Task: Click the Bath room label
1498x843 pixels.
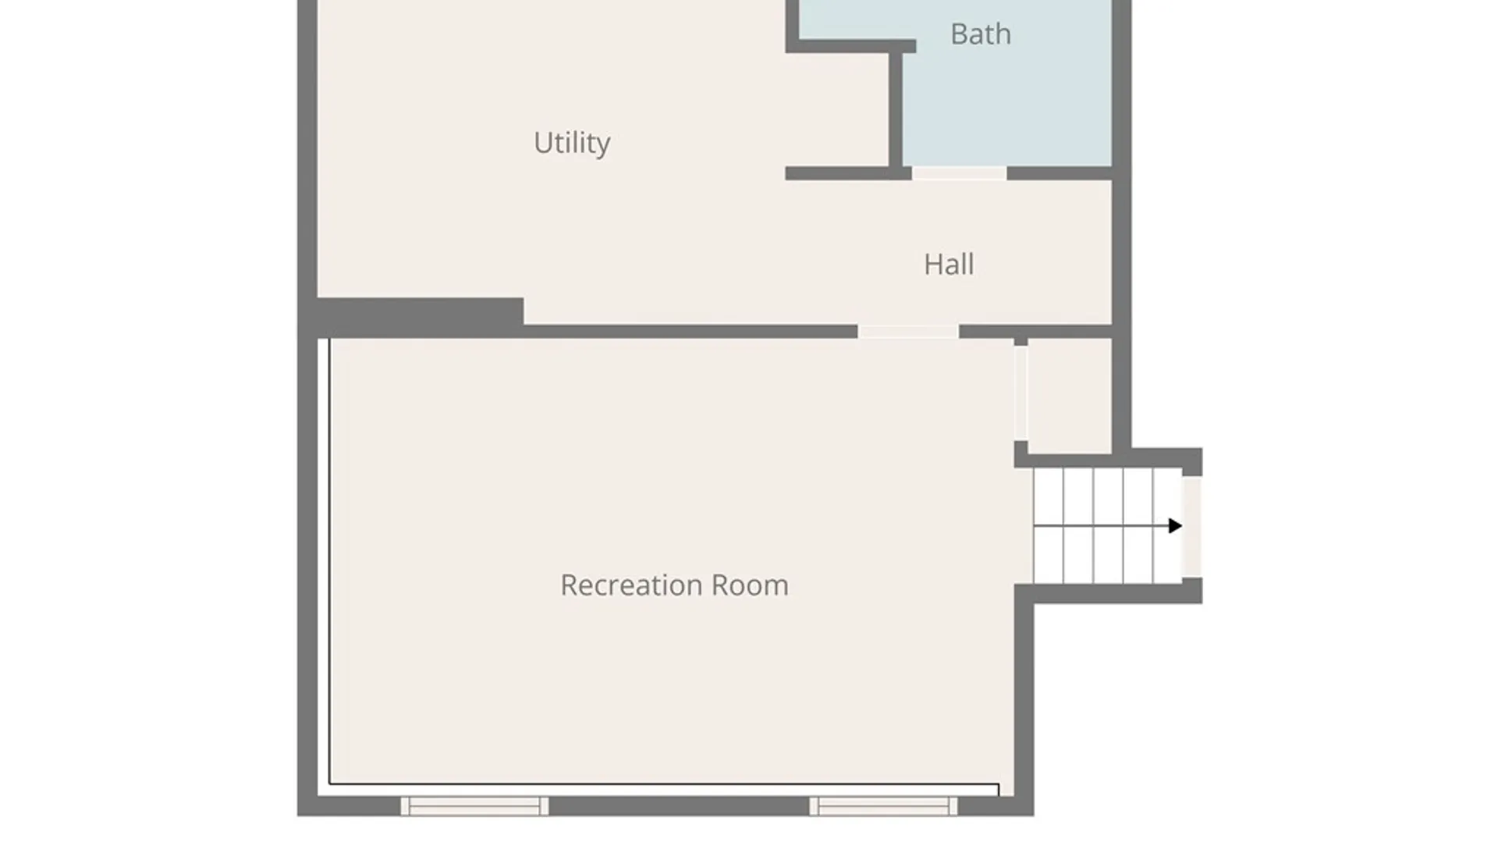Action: click(x=981, y=34)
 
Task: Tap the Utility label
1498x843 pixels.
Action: click(x=572, y=143)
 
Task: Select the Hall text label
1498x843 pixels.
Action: click(x=949, y=265)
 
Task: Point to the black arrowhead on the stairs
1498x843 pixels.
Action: click(x=1175, y=526)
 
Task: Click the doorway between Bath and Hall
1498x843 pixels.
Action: click(x=959, y=173)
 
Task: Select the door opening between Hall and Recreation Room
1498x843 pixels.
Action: click(x=908, y=332)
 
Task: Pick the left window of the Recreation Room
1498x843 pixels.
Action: click(x=474, y=806)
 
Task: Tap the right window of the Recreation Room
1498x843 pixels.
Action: click(x=883, y=806)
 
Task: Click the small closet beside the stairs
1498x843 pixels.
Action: click(x=1069, y=396)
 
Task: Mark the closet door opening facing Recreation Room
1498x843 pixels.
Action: click(x=1021, y=393)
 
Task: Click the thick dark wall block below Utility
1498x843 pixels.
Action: click(x=420, y=317)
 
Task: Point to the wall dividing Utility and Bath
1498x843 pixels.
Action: click(x=896, y=109)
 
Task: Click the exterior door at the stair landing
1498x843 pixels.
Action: click(x=1191, y=527)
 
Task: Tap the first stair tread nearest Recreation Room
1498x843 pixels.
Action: click(x=1048, y=525)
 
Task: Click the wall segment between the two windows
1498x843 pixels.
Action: click(x=679, y=806)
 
